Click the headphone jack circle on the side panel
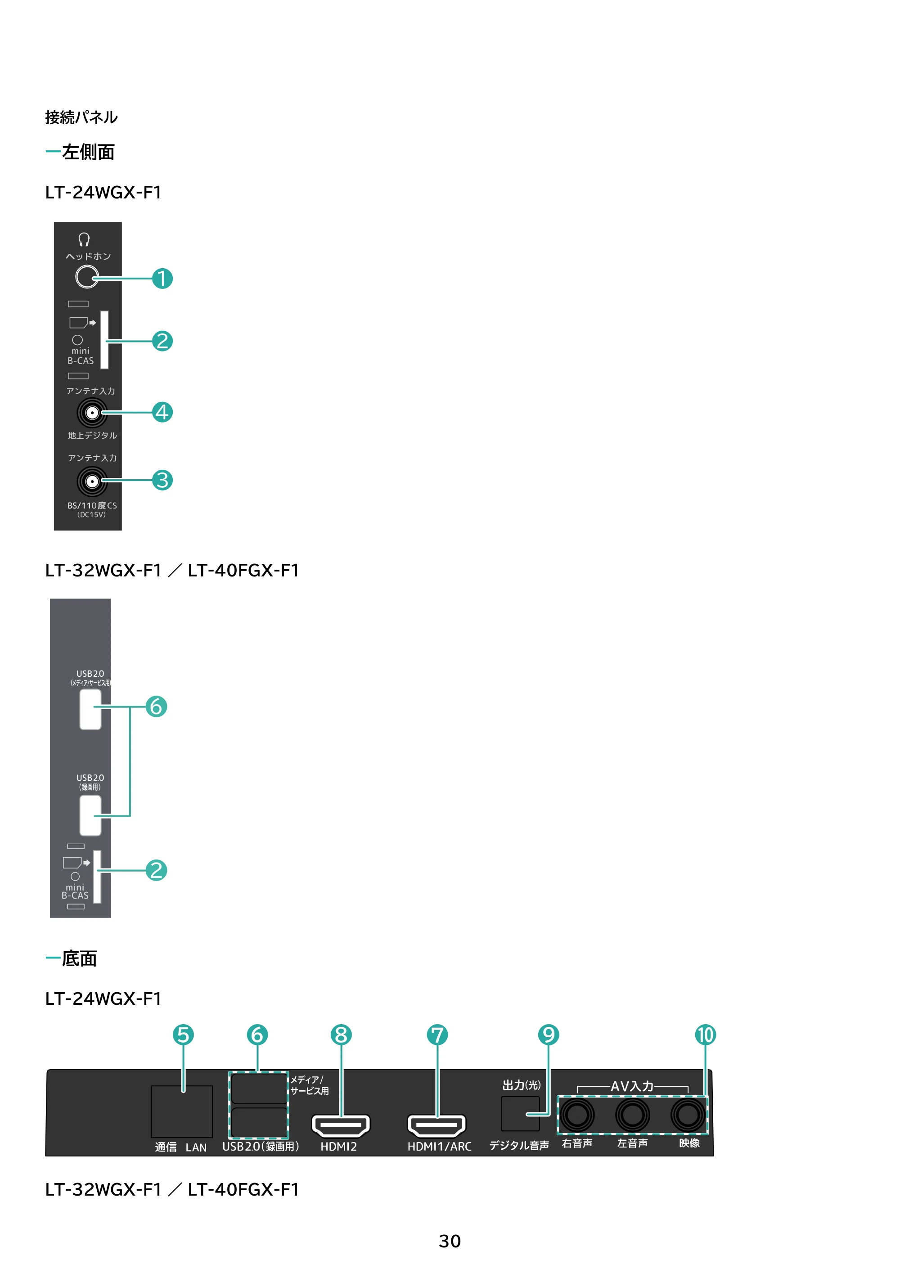coord(86,277)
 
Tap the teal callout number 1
coord(162,279)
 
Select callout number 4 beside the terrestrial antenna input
coord(162,412)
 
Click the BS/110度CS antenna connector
coord(92,481)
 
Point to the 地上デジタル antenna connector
coord(92,413)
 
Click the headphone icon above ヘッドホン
coord(84,239)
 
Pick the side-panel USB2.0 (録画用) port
coord(90,815)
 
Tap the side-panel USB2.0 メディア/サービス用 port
coord(90,709)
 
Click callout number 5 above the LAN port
coord(183,1035)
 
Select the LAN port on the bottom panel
coord(182,1111)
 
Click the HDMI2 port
coord(341,1125)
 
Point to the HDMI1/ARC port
coord(436,1125)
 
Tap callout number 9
coord(549,1035)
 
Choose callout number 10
coord(705,1035)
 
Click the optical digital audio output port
coord(520,1114)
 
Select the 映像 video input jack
coord(688,1115)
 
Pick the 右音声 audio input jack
coord(577,1115)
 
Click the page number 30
coord(450,1242)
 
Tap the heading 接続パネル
coord(81,117)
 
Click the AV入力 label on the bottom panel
coord(632,1086)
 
